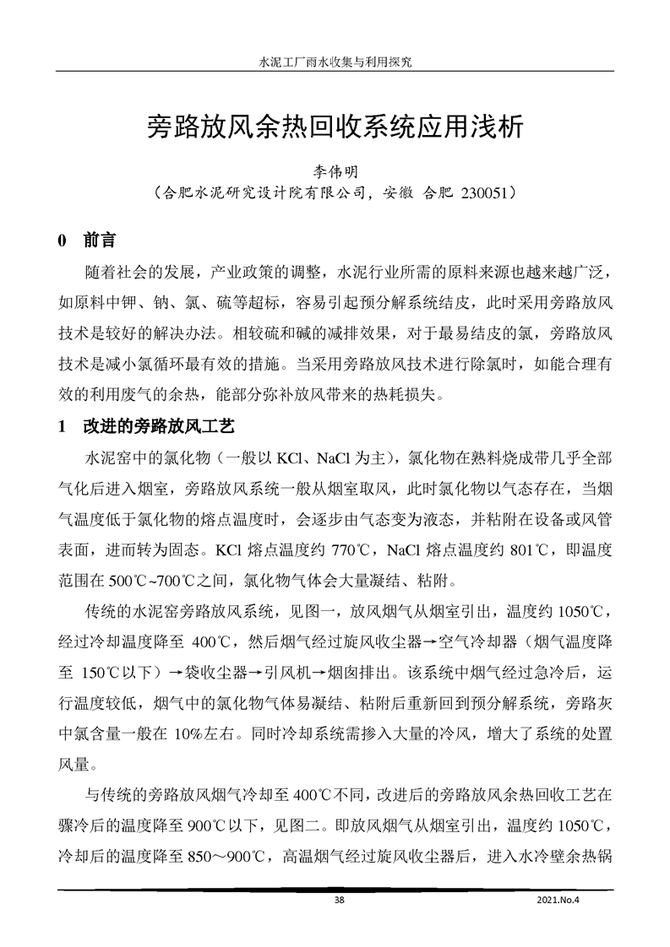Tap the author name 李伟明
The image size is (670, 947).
[x=335, y=171]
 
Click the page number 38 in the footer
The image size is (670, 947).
[x=339, y=900]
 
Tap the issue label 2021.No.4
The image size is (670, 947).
[x=559, y=900]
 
